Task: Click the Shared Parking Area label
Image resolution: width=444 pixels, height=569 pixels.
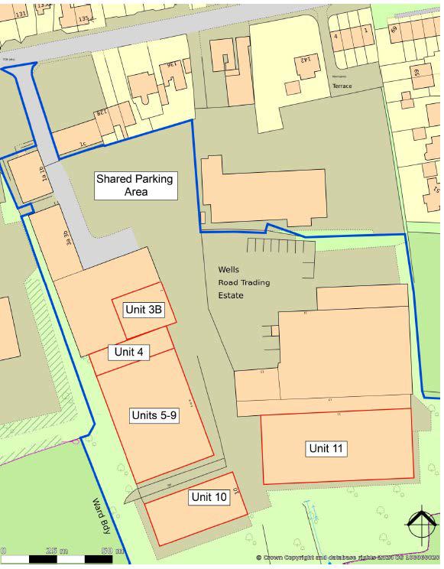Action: pyautogui.click(x=134, y=185)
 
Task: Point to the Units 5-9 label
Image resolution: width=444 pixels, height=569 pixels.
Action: pyautogui.click(x=154, y=415)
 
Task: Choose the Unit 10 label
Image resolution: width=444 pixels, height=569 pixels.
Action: pyautogui.click(x=209, y=497)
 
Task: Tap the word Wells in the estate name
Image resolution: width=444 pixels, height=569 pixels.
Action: pyautogui.click(x=228, y=270)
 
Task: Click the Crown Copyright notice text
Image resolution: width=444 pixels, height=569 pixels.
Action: pyautogui.click(x=348, y=559)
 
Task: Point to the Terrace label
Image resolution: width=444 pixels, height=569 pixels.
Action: pyautogui.click(x=342, y=86)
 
